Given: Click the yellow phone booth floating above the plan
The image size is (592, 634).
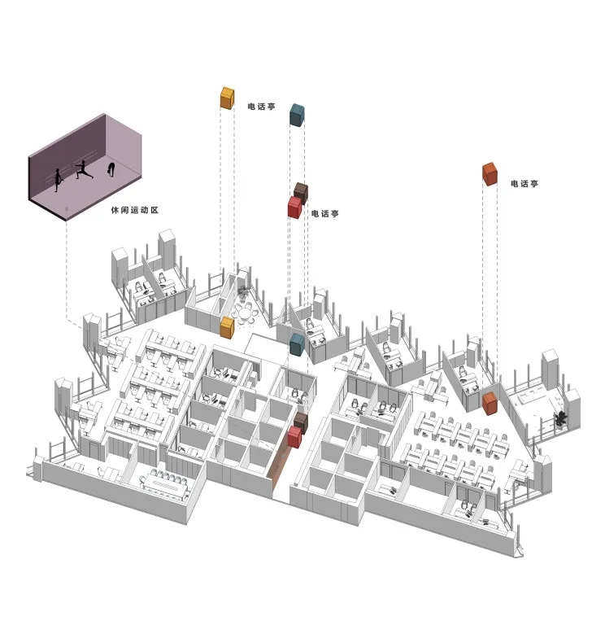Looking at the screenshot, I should pyautogui.click(x=228, y=98).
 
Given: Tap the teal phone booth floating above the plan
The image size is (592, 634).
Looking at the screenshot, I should pyautogui.click(x=297, y=115).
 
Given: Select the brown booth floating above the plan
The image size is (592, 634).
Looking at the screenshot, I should pyautogui.click(x=302, y=192).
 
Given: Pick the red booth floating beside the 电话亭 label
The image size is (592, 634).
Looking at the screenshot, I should pyautogui.click(x=294, y=208).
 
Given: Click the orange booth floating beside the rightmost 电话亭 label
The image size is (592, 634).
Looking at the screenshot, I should pyautogui.click(x=490, y=173).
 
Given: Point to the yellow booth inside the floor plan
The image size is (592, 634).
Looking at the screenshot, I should pyautogui.click(x=228, y=328).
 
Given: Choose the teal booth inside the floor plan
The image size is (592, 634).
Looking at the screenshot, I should pyautogui.click(x=298, y=343).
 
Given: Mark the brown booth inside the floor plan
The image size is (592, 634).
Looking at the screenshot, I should pyautogui.click(x=301, y=421).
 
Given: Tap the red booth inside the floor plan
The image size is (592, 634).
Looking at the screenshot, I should pyautogui.click(x=294, y=437).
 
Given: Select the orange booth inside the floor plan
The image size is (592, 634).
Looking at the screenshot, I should pyautogui.click(x=490, y=402).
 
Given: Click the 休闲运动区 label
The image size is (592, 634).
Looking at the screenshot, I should pyautogui.click(x=134, y=210).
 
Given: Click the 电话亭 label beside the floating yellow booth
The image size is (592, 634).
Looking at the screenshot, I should pyautogui.click(x=261, y=106).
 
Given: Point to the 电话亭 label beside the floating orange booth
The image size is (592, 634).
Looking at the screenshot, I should pyautogui.click(x=525, y=184).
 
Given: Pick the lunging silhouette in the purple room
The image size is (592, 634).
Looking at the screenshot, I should pyautogui.click(x=82, y=172).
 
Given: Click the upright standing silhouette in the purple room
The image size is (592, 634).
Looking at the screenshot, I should pyautogui.click(x=57, y=179).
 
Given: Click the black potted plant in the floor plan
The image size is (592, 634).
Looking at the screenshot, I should pyautogui.click(x=560, y=418).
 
